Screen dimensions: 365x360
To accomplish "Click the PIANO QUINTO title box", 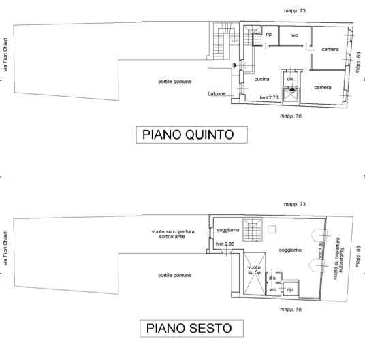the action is [x=191, y=135].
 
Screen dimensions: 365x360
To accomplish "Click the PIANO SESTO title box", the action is [x=191, y=328].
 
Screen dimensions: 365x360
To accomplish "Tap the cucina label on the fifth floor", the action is [x=261, y=79].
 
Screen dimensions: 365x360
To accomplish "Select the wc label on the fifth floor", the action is [x=294, y=35].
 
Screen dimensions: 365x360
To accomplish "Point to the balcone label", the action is [x=217, y=93].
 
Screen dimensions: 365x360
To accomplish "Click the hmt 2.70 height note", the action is [x=269, y=97].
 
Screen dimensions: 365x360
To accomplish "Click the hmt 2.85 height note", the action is [x=225, y=244].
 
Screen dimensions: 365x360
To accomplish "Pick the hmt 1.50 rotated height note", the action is [x=321, y=250].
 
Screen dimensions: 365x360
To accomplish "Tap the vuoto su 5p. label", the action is [x=254, y=269].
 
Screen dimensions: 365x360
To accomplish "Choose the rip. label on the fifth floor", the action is [x=270, y=35].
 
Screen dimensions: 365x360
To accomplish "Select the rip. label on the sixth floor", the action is [x=291, y=289].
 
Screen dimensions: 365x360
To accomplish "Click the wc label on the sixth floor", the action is [x=272, y=289].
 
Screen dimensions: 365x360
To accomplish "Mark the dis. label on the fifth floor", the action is [x=291, y=79].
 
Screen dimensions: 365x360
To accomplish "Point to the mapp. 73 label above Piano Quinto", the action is [x=295, y=11].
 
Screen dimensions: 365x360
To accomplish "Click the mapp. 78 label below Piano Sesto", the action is [x=291, y=310].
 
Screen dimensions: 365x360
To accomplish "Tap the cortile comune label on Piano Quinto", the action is [x=175, y=82].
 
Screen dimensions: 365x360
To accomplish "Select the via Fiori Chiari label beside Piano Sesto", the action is [x=5, y=248].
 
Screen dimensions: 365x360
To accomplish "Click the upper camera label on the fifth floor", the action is [x=330, y=49].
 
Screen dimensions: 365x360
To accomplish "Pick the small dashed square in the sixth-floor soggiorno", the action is [x=272, y=229].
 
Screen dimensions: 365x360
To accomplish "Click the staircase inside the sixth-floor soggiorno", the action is [x=253, y=229].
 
